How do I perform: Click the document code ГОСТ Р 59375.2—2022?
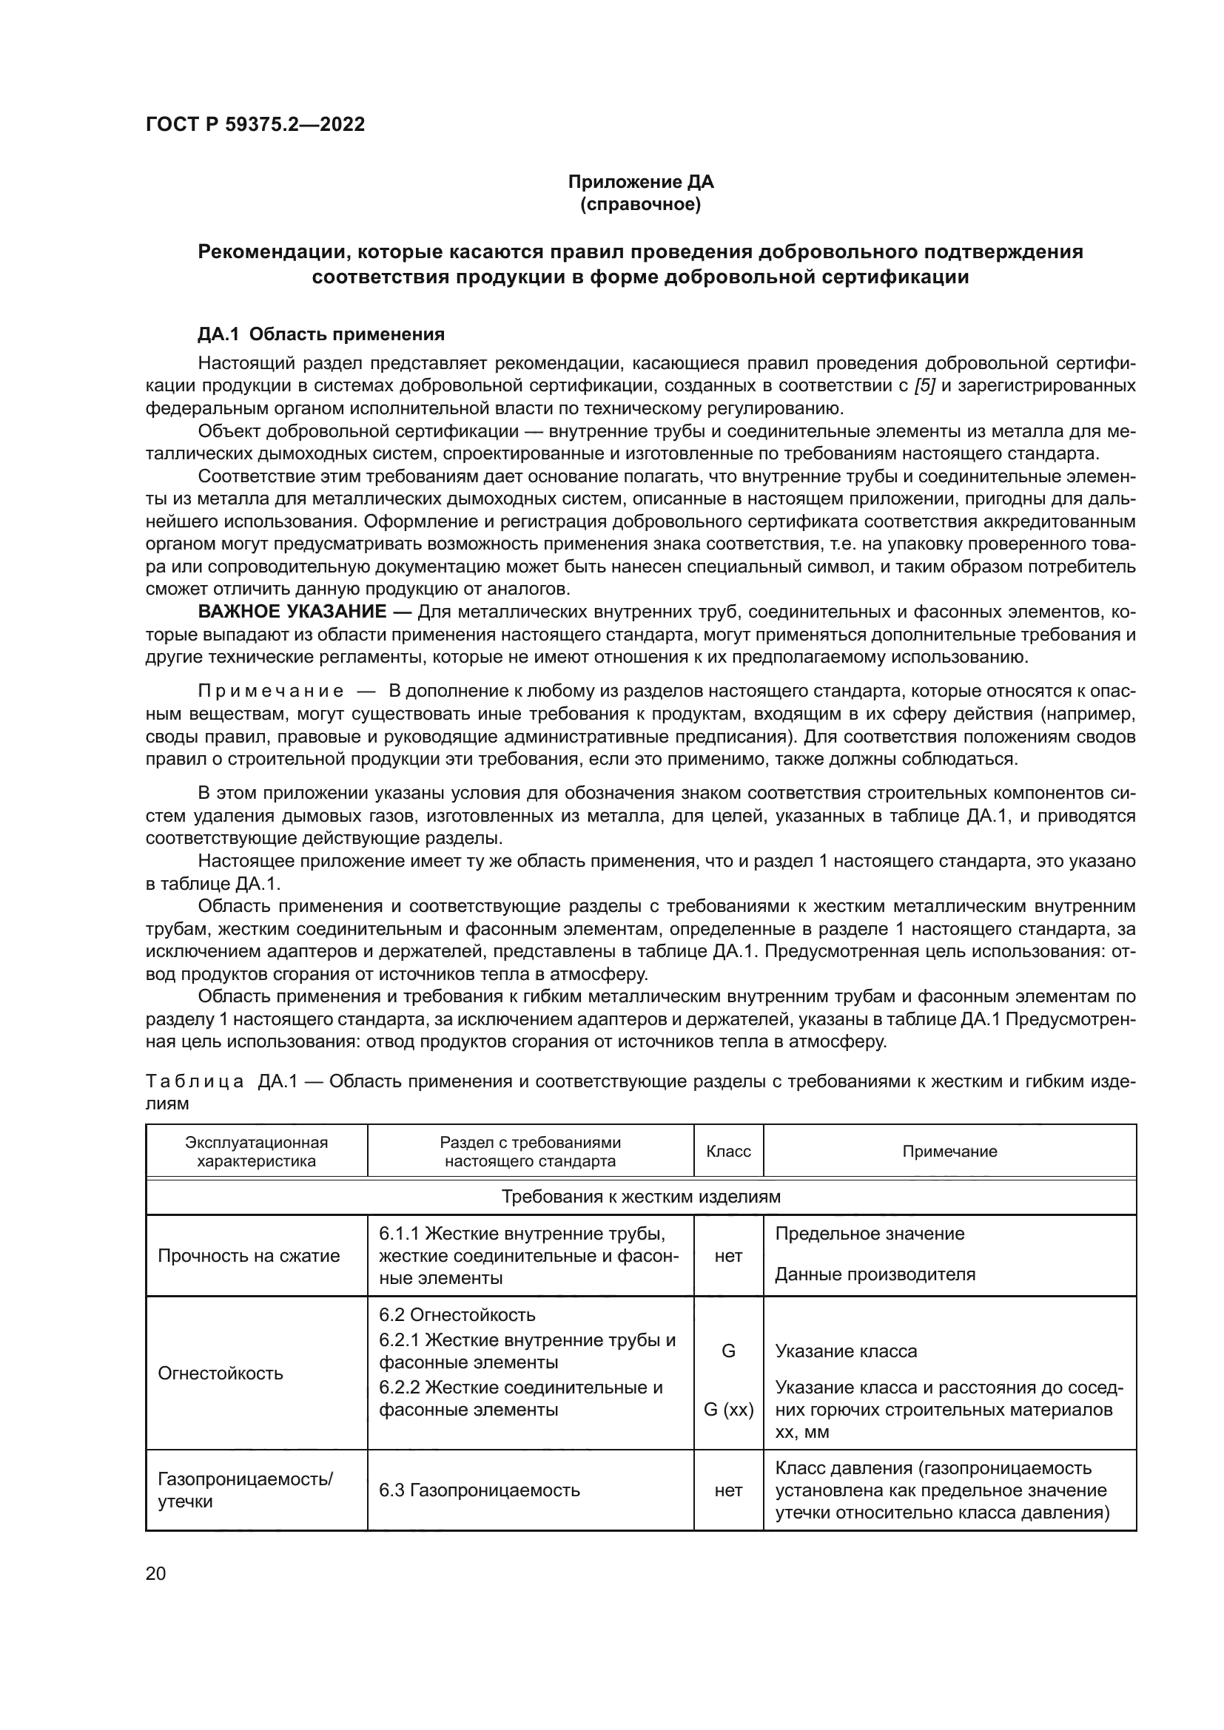[255, 124]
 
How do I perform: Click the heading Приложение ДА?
[640, 182]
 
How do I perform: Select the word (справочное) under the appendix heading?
[640, 204]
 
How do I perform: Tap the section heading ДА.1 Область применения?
[321, 334]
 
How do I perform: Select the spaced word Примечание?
[271, 691]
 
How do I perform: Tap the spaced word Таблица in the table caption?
[195, 1082]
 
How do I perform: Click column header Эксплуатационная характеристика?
[256, 1152]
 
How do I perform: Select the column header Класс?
[728, 1152]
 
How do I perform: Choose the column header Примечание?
[949, 1152]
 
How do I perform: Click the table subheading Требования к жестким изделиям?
[641, 1197]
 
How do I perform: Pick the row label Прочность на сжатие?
[249, 1256]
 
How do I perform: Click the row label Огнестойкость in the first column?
[220, 1373]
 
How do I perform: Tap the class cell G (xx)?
[728, 1410]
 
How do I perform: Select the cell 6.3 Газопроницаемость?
[480, 1490]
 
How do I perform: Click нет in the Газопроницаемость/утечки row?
[728, 1490]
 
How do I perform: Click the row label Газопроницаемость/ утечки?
[246, 1490]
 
